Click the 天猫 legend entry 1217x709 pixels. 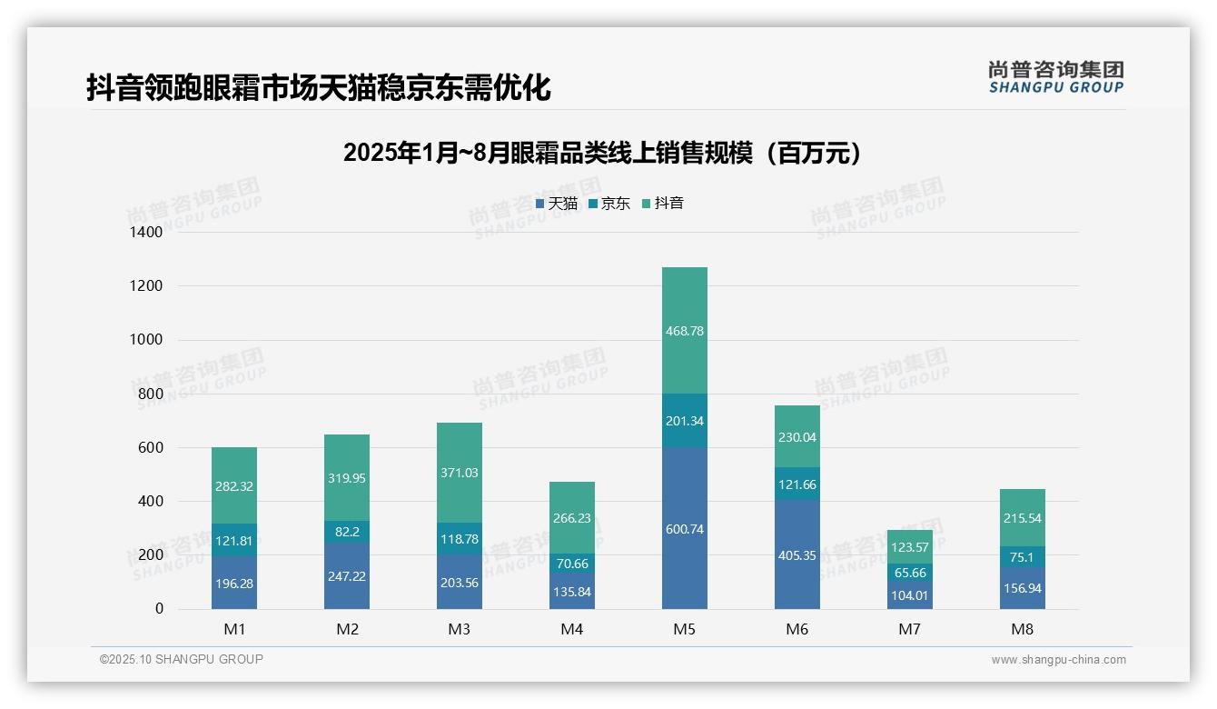click(557, 204)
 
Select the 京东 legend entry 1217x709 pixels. click(609, 204)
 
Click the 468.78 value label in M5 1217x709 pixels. click(684, 331)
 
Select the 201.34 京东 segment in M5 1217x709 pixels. click(684, 421)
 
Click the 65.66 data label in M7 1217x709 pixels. click(909, 573)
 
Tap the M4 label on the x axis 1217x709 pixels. click(571, 629)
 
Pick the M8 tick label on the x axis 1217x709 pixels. click(1022, 629)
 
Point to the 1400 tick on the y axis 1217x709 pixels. click(145, 233)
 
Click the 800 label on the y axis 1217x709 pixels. click(151, 394)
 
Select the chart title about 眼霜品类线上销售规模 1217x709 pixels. click(602, 153)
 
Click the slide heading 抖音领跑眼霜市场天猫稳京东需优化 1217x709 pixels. click(318, 88)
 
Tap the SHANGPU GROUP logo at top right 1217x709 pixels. click(1055, 77)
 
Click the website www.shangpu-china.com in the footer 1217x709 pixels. click(1058, 660)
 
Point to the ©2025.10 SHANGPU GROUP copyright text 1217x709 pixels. click(181, 659)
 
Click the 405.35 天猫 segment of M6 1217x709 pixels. click(796, 554)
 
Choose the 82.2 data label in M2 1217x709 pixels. click(346, 531)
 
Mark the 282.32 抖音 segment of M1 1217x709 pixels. click(234, 486)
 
